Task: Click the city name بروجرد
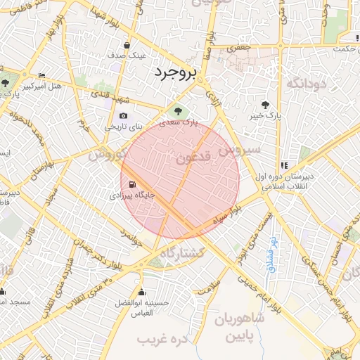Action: (x=176, y=72)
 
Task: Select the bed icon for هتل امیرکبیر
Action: (x=41, y=76)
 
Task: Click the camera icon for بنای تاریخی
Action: (x=124, y=116)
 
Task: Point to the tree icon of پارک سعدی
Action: (x=176, y=111)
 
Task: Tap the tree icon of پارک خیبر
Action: (x=264, y=103)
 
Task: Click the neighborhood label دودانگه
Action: (x=306, y=84)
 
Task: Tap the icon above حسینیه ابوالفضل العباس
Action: (x=143, y=292)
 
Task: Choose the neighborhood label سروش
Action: (x=239, y=150)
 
